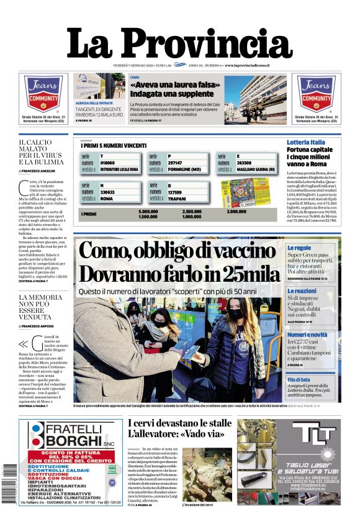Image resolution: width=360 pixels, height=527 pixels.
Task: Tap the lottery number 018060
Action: click(x=108, y=162)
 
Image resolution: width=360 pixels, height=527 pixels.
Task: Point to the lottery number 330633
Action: click(x=108, y=192)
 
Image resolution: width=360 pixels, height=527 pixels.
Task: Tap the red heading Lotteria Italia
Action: click(x=306, y=143)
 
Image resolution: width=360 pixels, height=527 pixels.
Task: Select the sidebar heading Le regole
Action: click(x=299, y=248)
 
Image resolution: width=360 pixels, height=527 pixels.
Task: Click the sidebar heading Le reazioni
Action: click(x=302, y=291)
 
